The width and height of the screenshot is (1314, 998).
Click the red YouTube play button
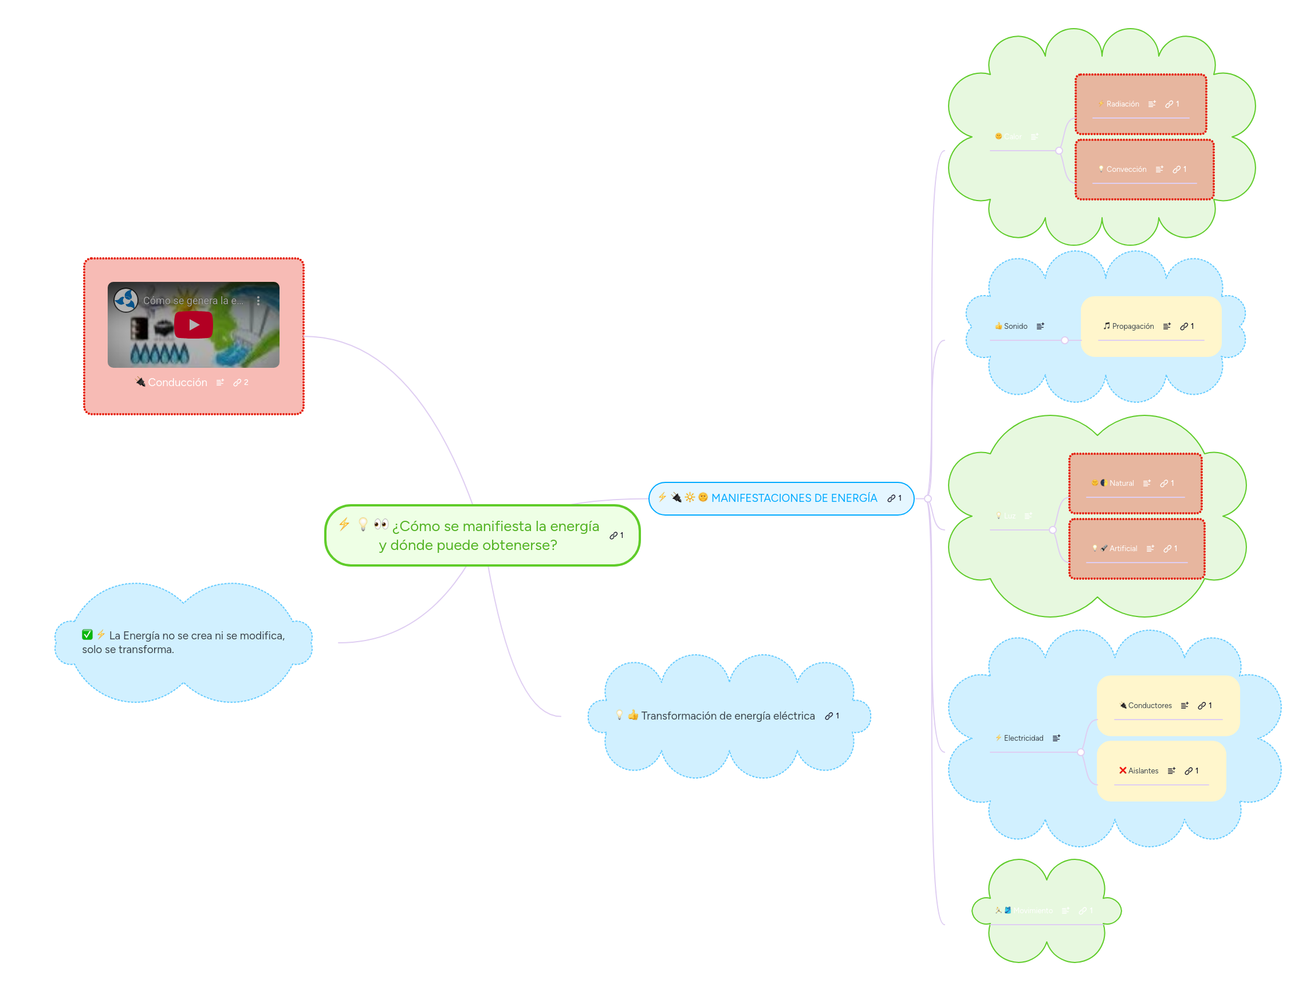193,325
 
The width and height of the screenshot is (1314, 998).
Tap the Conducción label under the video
178,383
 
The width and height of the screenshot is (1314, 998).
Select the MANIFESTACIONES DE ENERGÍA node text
794,498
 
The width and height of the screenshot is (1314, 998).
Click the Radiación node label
1122,104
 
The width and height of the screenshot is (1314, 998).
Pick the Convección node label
1126,170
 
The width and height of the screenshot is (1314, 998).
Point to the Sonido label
1015,326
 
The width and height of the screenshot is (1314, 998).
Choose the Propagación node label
1132,326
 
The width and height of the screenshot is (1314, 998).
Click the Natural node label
1121,483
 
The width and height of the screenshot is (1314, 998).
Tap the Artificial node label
1123,548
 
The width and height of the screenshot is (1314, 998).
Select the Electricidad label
1023,738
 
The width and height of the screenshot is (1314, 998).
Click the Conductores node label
1150,705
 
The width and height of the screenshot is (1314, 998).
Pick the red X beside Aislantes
1122,771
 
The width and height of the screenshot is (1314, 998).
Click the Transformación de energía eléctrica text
727,716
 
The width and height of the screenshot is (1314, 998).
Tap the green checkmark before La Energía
87,634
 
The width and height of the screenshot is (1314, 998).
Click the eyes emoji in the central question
381,524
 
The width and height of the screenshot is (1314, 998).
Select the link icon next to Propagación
1184,326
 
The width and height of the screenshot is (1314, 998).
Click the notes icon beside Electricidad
1056,738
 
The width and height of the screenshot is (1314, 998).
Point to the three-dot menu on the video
258,301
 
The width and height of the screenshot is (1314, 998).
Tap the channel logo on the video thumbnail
126,300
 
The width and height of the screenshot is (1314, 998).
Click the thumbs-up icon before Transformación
632,715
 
